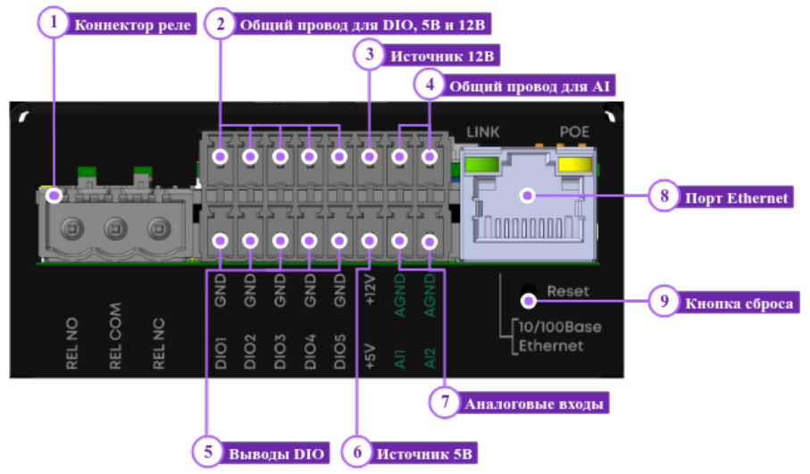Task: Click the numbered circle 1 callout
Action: (54, 22)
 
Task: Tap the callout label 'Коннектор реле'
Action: (133, 25)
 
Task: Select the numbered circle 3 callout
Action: (370, 54)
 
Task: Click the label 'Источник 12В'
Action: (442, 55)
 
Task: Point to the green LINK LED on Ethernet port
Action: (481, 165)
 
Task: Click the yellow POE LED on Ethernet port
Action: (574, 165)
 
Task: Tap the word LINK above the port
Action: (483, 132)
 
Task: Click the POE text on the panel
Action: (574, 132)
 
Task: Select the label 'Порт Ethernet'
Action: (736, 198)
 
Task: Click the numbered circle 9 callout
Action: (664, 301)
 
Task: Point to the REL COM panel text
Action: (115, 337)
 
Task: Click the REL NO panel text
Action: (71, 344)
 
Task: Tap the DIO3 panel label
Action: (280, 352)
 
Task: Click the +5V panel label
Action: (370, 357)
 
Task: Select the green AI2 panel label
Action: (430, 358)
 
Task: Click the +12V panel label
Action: (370, 290)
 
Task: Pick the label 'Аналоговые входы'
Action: (534, 403)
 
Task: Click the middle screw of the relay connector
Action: (115, 228)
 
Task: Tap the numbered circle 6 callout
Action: (357, 453)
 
